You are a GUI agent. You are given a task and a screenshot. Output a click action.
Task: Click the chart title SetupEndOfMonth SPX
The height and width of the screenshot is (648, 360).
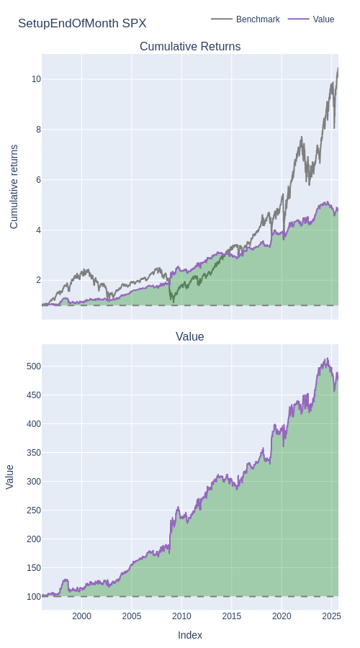[x=82, y=24]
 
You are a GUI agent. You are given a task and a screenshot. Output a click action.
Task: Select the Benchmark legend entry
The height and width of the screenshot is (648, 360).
[x=246, y=19]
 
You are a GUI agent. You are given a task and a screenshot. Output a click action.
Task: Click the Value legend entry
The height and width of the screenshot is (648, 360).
[x=311, y=19]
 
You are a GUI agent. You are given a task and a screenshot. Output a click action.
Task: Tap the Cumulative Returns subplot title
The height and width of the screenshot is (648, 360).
[x=190, y=46]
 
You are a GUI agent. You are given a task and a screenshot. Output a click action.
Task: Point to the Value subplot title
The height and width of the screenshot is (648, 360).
[x=189, y=336]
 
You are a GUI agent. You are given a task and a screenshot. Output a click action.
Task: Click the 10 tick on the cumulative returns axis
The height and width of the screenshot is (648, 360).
[x=36, y=79]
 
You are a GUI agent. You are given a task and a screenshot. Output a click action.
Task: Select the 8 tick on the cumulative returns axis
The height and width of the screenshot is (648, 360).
[x=38, y=130]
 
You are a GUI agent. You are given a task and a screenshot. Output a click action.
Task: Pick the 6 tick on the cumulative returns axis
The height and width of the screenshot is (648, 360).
[x=38, y=180]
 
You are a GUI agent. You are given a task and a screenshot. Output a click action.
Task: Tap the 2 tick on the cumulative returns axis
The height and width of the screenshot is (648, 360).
[x=38, y=280]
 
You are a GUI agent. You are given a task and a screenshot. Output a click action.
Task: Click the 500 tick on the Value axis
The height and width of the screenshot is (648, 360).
[x=35, y=366]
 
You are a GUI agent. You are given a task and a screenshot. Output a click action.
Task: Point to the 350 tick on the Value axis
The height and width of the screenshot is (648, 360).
[x=35, y=453]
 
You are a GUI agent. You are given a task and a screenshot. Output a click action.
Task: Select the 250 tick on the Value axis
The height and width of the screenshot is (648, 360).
[x=35, y=510]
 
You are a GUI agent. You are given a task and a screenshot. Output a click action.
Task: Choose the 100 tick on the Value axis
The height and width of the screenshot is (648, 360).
[x=35, y=597]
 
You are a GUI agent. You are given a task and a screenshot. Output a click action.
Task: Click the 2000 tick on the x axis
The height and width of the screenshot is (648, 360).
[x=81, y=616]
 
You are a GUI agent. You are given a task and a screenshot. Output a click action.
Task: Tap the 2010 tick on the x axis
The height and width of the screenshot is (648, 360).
[x=181, y=616]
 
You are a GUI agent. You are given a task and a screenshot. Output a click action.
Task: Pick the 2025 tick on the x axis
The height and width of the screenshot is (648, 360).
[x=331, y=616]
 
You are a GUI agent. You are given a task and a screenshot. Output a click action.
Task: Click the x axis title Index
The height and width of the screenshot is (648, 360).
[x=190, y=635]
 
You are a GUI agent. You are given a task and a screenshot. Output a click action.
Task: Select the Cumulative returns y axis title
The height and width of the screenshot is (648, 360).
[x=14, y=186]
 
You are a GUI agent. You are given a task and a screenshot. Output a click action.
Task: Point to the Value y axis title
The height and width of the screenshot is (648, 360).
[x=10, y=477]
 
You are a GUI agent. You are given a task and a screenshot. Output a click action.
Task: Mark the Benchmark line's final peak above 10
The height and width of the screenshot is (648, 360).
[x=338, y=68]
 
